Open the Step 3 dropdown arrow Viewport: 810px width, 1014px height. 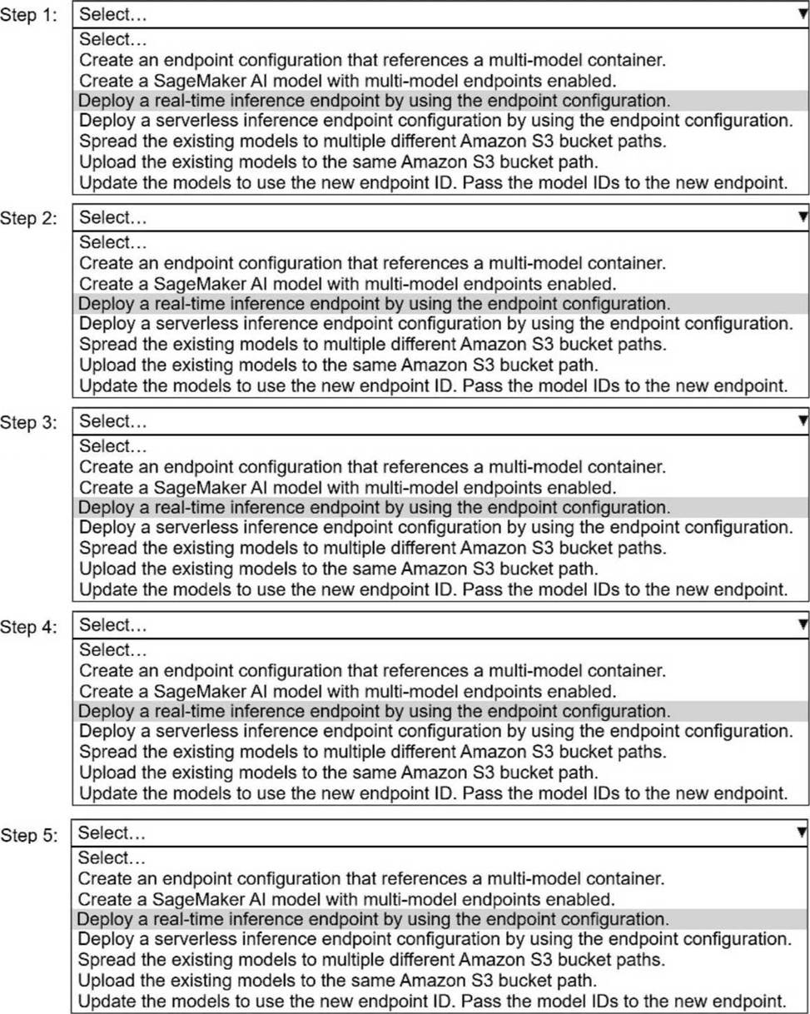coord(802,421)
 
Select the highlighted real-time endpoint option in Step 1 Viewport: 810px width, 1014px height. coord(374,100)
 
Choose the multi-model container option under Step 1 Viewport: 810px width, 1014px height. coord(372,60)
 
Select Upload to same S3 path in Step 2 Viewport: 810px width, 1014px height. coord(338,364)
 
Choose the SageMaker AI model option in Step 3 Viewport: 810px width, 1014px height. coord(347,486)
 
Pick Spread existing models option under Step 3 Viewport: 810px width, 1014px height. coord(372,547)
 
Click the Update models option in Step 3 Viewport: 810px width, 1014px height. coord(433,589)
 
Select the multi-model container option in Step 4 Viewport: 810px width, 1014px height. coord(372,670)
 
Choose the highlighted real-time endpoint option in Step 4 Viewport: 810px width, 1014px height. coord(374,711)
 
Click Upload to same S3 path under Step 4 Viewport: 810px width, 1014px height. coord(338,772)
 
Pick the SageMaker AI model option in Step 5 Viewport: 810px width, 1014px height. coord(347,899)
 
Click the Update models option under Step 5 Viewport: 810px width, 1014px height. coord(433,1000)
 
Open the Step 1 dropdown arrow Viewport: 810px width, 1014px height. coord(802,14)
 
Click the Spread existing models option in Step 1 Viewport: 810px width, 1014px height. coord(372,141)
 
